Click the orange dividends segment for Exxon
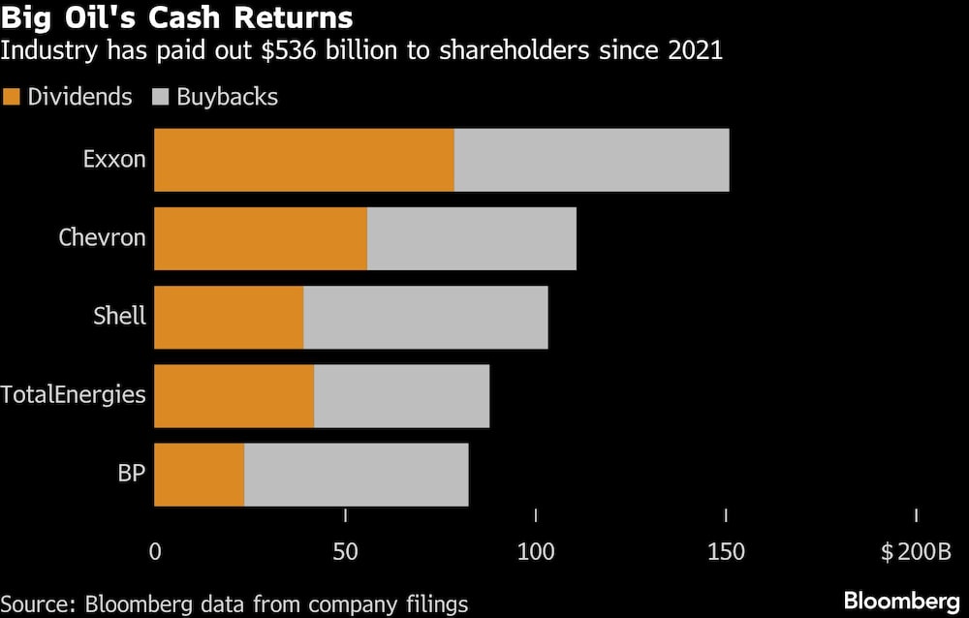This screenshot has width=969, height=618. [303, 160]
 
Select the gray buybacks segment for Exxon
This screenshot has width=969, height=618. [591, 160]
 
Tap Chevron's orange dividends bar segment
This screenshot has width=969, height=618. [261, 238]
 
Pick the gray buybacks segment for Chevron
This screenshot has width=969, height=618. [472, 238]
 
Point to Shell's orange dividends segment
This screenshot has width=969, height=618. [229, 317]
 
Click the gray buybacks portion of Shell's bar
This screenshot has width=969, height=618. [425, 317]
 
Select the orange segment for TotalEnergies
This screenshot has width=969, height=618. [234, 396]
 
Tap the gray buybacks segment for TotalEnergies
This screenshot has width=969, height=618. [401, 396]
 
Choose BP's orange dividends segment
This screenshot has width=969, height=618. [199, 475]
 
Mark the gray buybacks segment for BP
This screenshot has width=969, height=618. [356, 475]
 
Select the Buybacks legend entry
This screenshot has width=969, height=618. [215, 97]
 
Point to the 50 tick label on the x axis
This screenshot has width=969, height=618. [345, 552]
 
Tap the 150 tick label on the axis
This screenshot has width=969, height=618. [726, 552]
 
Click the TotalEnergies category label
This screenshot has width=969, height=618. [73, 395]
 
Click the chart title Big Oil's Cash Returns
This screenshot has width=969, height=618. [176, 17]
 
